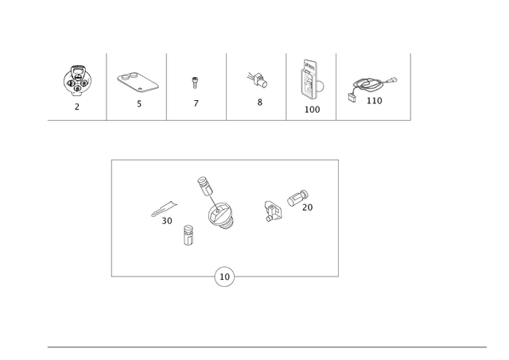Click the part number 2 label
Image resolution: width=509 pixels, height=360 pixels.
(77, 106)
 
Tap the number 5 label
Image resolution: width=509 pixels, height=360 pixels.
(139, 104)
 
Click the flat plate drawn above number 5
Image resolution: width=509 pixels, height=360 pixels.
(138, 82)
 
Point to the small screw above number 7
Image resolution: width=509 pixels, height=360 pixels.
(195, 83)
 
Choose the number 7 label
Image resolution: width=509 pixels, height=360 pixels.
(196, 103)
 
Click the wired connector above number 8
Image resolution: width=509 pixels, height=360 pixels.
(257, 80)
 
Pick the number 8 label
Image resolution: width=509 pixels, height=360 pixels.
(260, 103)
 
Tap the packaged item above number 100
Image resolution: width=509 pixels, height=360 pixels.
(311, 79)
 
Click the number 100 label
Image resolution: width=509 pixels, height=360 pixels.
(313, 110)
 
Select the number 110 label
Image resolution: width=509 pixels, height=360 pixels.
(375, 101)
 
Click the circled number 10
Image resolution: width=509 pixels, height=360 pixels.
(224, 277)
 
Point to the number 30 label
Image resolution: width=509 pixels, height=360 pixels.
(167, 221)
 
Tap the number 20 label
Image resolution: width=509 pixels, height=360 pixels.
(308, 207)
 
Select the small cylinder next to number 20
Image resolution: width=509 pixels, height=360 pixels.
(297, 198)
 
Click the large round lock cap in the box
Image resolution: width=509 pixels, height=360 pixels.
(221, 215)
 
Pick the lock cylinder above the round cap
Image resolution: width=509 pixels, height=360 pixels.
(204, 187)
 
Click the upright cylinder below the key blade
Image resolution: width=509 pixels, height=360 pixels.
(188, 235)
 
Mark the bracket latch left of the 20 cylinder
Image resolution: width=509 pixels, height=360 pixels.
(273, 211)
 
